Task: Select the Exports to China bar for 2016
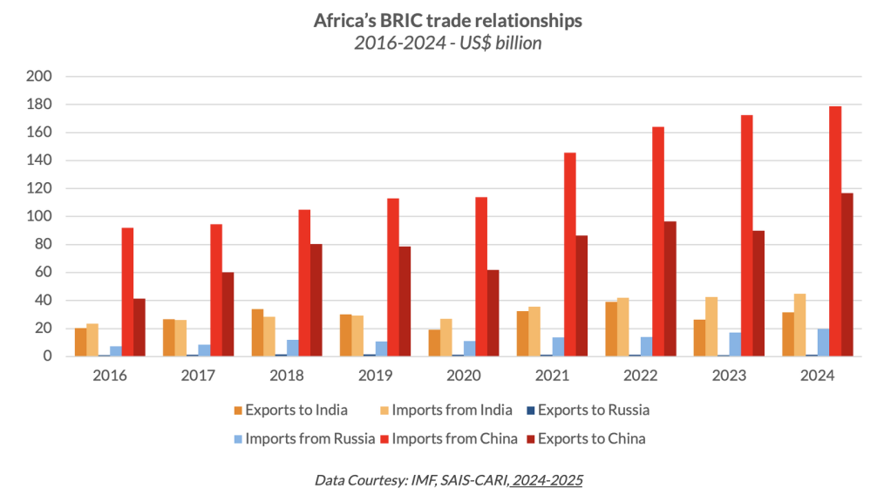coord(139,327)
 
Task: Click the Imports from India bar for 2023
coord(711,327)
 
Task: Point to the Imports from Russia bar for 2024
coord(823,343)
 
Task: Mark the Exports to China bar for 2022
coord(670,288)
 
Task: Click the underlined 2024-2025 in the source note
coord(548,478)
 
